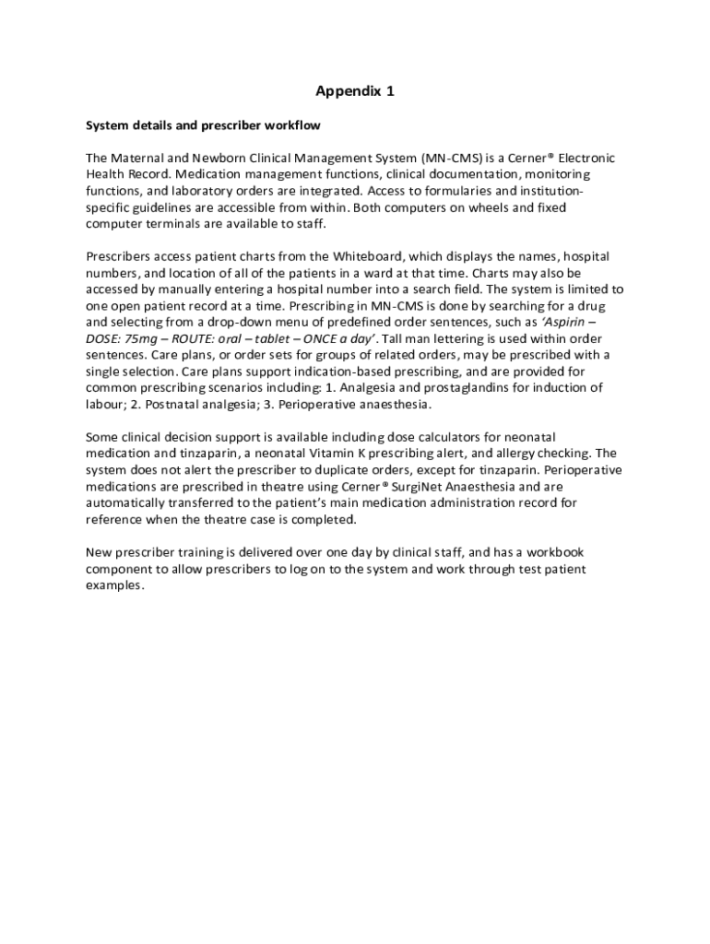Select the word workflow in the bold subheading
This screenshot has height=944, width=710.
(292, 124)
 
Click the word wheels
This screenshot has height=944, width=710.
(489, 207)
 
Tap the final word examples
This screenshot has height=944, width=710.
(114, 585)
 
